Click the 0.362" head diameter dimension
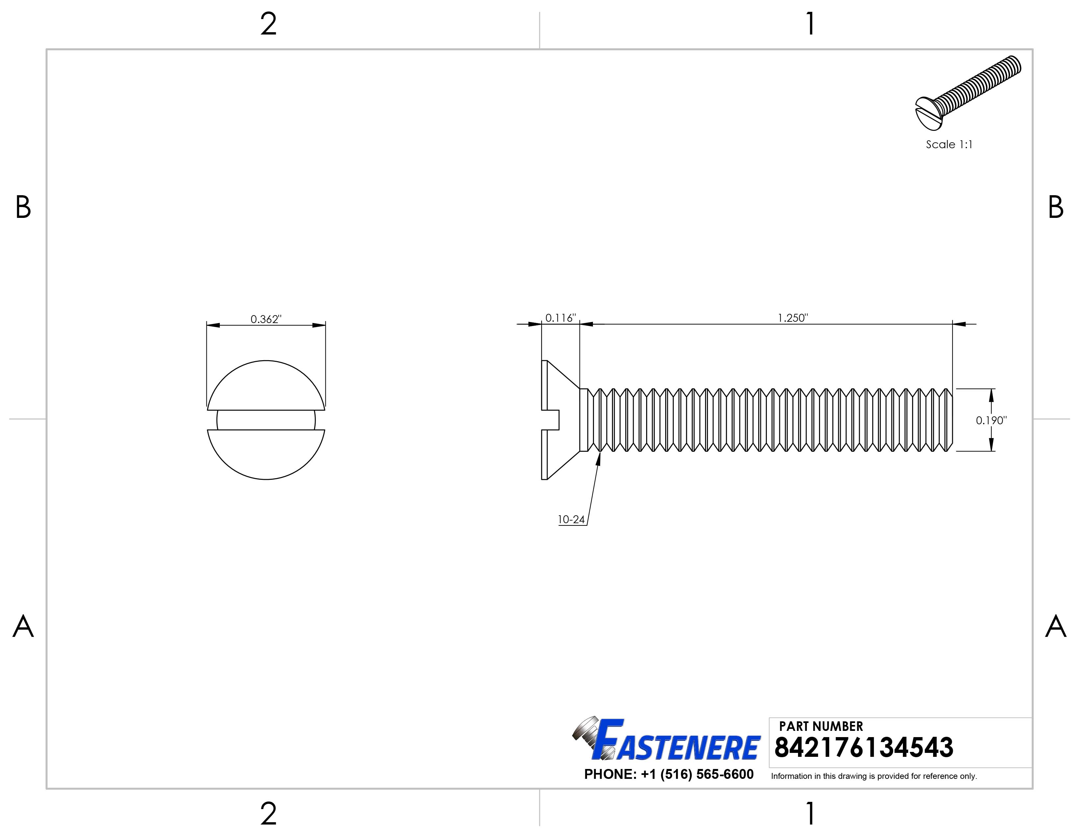[x=266, y=319]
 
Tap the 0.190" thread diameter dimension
[x=991, y=420]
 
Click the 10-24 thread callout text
[x=571, y=520]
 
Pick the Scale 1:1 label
[x=949, y=144]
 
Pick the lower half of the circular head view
[x=266, y=453]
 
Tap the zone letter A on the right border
[x=1055, y=627]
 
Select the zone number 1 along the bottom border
[x=810, y=814]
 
